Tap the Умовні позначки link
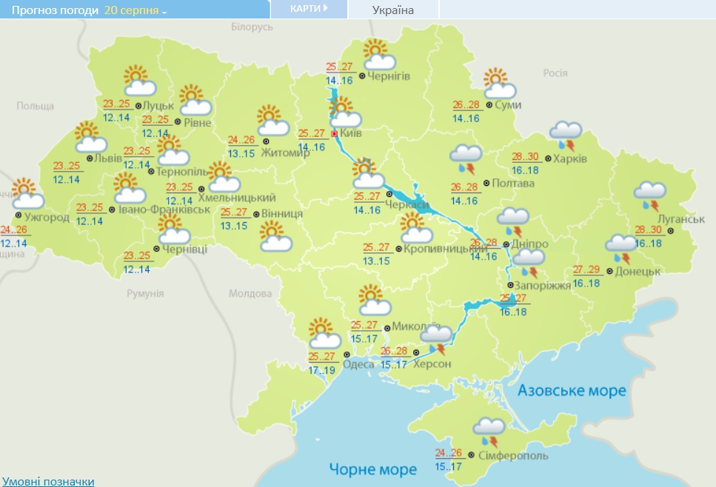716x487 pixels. (x=47, y=481)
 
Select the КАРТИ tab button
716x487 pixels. (x=309, y=9)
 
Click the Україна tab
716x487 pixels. (x=392, y=10)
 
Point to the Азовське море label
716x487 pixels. (x=572, y=391)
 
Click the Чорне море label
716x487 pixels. (x=373, y=469)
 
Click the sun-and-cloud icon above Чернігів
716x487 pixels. (x=378, y=54)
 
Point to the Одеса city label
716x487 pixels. (x=359, y=363)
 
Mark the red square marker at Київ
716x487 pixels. (x=335, y=134)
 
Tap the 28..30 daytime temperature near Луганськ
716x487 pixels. (x=647, y=230)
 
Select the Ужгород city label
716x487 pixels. (x=47, y=217)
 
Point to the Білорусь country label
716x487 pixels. (x=252, y=27)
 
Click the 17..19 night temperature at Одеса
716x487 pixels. (x=321, y=369)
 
